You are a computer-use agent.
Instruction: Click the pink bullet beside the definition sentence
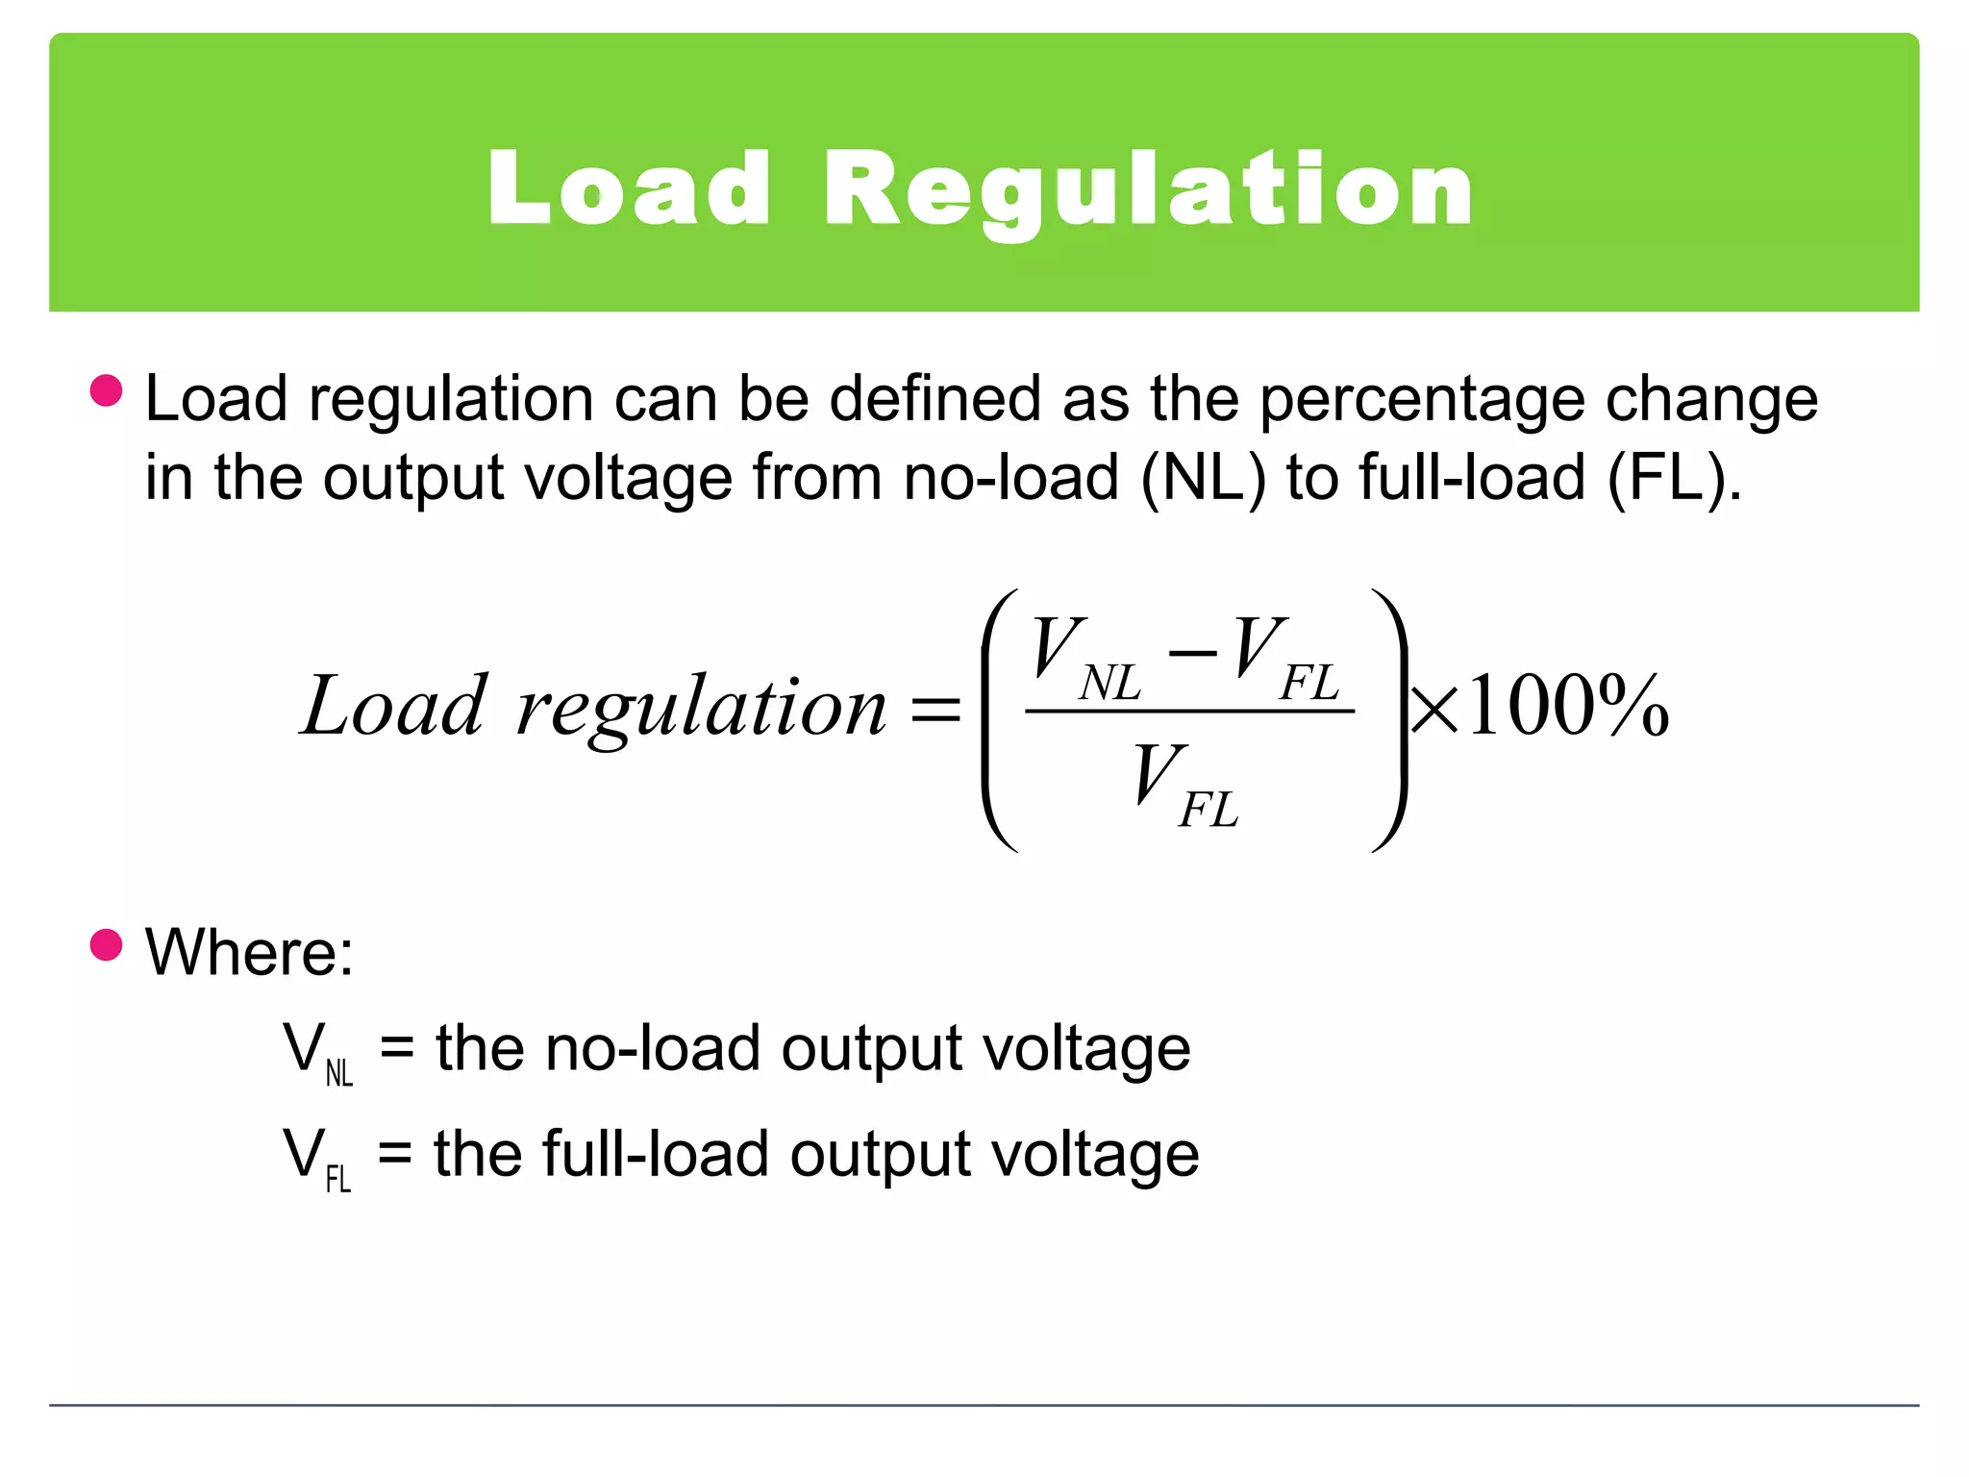click(x=106, y=391)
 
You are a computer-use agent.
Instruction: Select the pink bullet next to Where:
click(x=106, y=944)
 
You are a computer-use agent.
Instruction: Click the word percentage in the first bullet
click(x=1422, y=401)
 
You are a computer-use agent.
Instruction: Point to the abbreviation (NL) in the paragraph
click(x=1202, y=478)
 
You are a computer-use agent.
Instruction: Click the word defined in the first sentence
click(x=935, y=399)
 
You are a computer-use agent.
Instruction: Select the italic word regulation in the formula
click(x=701, y=710)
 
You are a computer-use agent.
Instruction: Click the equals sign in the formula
click(x=935, y=711)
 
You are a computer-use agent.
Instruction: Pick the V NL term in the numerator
click(x=1084, y=658)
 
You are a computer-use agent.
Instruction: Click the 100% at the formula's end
click(x=1567, y=707)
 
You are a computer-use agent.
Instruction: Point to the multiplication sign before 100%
click(x=1433, y=712)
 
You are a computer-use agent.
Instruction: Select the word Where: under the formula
click(x=249, y=953)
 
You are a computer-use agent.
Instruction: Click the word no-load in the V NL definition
click(x=653, y=1048)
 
